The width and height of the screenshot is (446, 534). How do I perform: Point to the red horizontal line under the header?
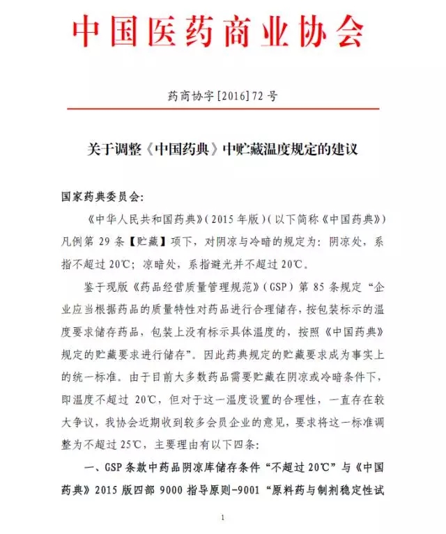coord(222,109)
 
